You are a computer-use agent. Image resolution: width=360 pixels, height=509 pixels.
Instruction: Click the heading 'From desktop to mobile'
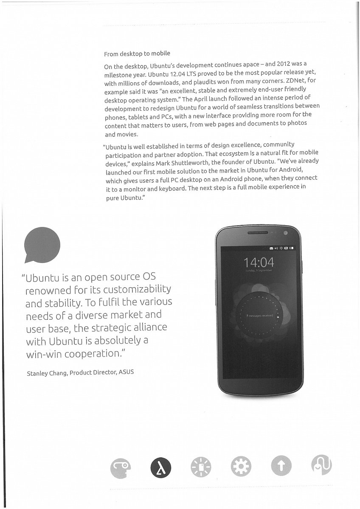click(137, 54)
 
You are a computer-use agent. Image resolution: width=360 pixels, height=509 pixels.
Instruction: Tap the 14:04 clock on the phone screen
click(259, 262)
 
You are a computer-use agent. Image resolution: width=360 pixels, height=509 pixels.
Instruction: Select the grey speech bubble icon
click(42, 245)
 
